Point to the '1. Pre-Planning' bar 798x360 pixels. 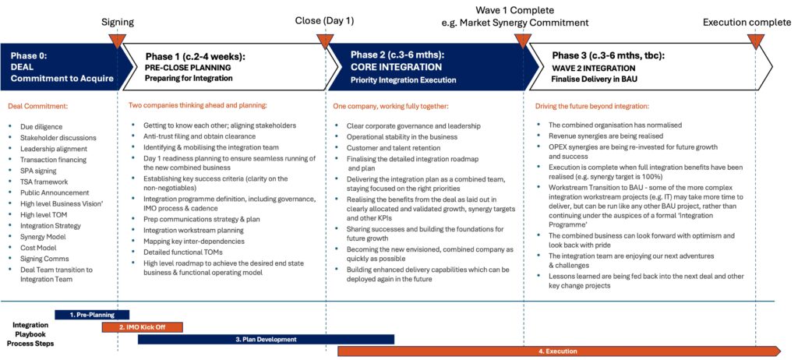(x=92, y=315)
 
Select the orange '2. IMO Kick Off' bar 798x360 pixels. (x=143, y=327)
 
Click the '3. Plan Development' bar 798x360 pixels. (x=267, y=339)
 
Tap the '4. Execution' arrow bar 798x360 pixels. (x=559, y=351)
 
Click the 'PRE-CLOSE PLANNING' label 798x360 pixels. (x=189, y=67)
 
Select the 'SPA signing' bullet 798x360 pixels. (x=38, y=171)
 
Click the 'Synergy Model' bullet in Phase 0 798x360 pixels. (x=43, y=237)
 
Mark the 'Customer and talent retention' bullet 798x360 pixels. (x=390, y=148)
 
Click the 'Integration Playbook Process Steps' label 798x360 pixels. (x=30, y=334)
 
